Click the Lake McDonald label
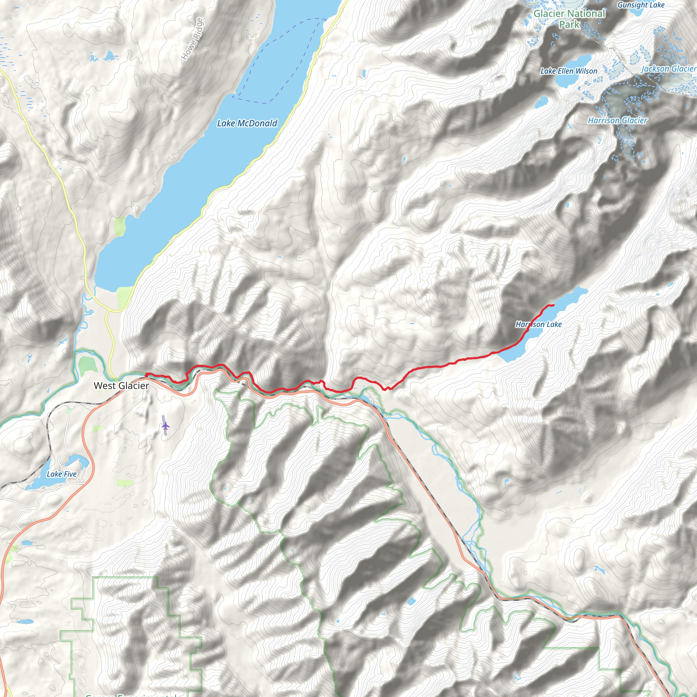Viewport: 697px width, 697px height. tap(247, 124)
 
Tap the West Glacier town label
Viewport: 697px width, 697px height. tap(121, 386)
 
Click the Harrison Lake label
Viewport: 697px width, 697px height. tap(538, 324)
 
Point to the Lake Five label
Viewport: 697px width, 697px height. tap(62, 474)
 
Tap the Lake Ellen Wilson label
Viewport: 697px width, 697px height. tap(569, 71)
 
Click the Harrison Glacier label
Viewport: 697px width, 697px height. tap(618, 120)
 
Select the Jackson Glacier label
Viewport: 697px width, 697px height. tap(668, 68)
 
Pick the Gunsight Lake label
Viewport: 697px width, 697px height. tap(641, 5)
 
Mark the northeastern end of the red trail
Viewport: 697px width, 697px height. tap(553, 306)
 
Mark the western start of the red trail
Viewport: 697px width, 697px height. tap(146, 374)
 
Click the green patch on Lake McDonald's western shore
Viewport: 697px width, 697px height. tap(120, 226)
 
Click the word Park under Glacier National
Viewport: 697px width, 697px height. tap(569, 25)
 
